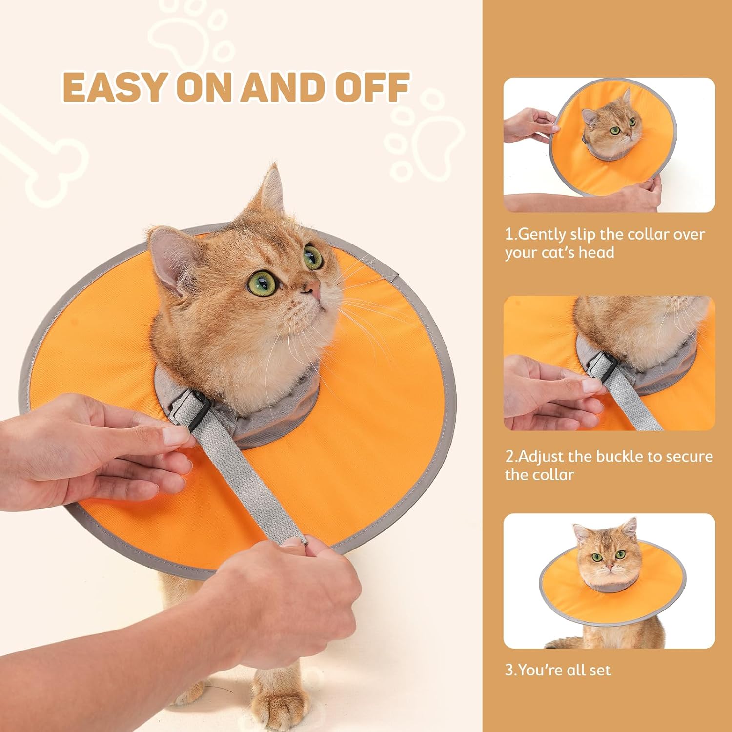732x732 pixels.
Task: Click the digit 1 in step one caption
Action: coord(509,235)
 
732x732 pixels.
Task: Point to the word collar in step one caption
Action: coord(648,235)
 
